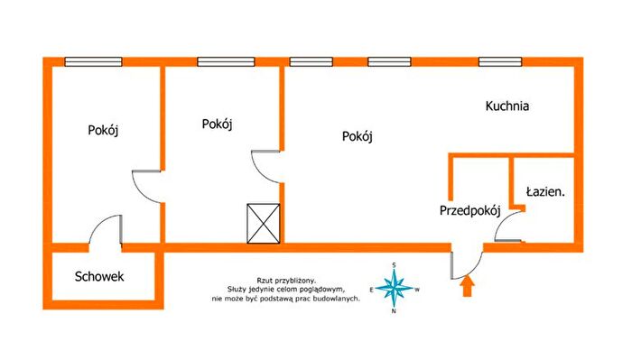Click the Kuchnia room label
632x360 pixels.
tap(507, 106)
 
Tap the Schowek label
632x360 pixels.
tap(99, 276)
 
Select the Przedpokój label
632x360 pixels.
tap(470, 210)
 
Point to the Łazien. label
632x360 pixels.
tap(545, 191)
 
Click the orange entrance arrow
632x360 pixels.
tap(467, 286)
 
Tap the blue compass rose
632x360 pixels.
tap(395, 289)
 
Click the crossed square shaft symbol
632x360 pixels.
tap(264, 224)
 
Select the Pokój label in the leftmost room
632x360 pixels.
tap(103, 131)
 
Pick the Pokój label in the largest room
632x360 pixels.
tap(358, 136)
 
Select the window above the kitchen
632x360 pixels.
tap(500, 62)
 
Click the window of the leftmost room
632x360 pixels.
tap(94, 62)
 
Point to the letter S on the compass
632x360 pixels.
tap(395, 265)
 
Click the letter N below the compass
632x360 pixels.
tap(394, 311)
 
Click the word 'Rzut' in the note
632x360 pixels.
tap(264, 281)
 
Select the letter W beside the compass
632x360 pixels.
tap(417, 290)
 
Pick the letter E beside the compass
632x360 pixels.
tap(371, 290)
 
